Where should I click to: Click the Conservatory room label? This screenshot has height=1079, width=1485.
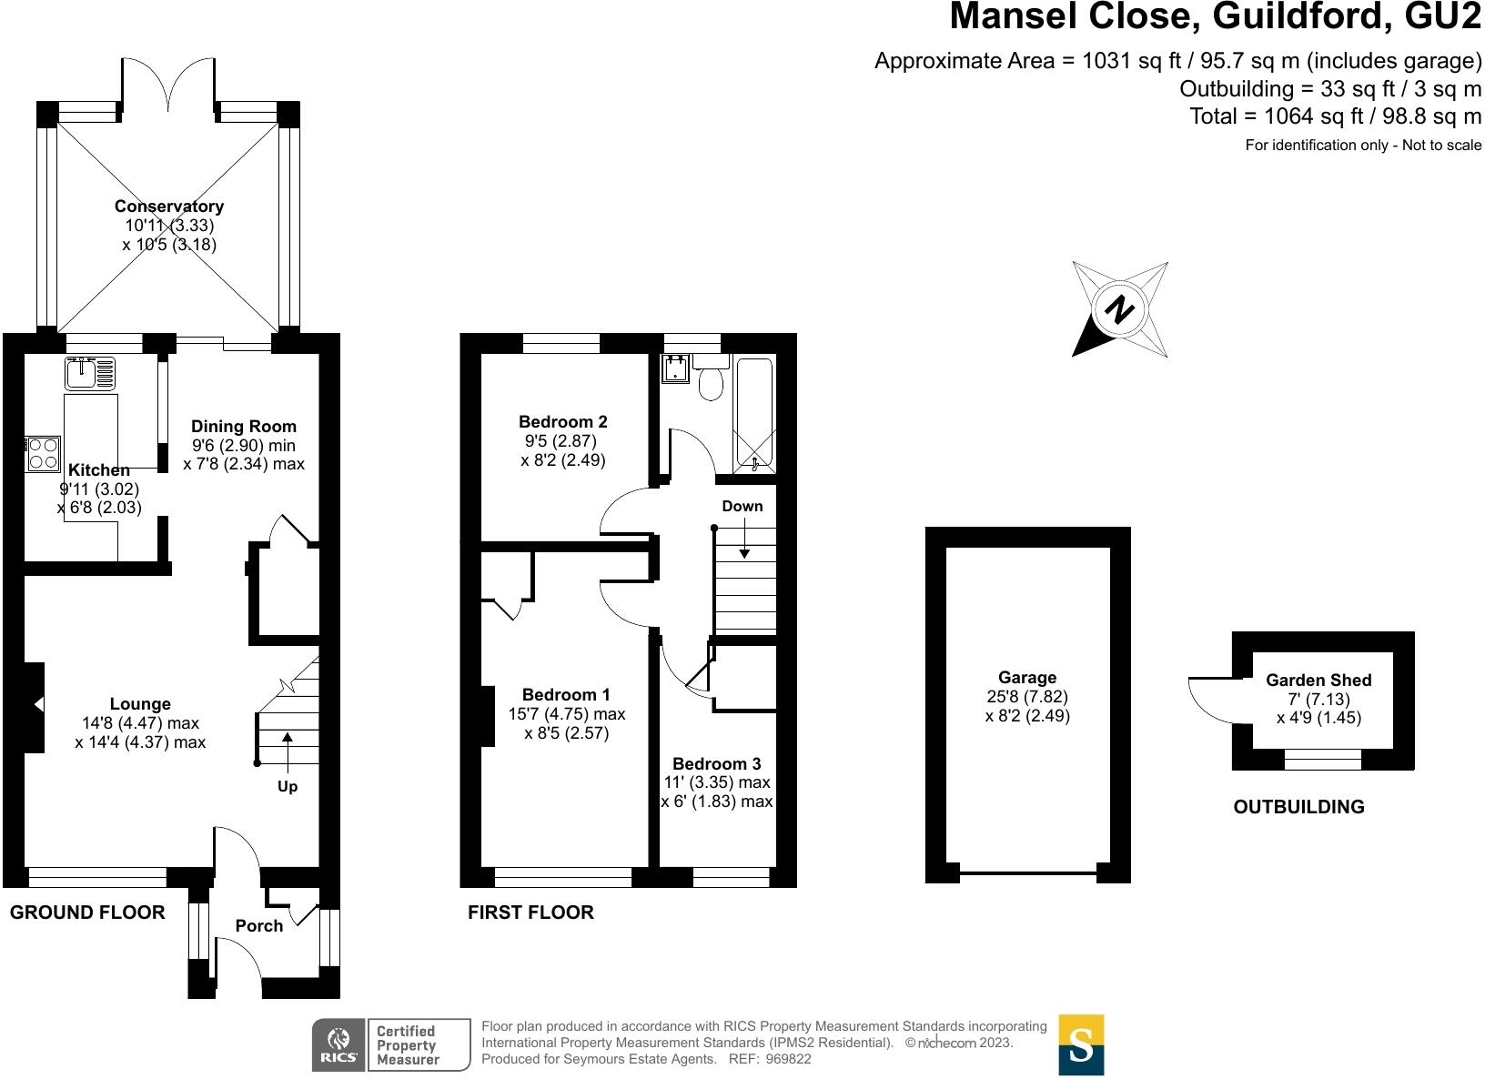(x=169, y=207)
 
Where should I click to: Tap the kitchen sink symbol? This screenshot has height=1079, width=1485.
(x=90, y=373)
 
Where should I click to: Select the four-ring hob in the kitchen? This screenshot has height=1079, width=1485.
(x=44, y=453)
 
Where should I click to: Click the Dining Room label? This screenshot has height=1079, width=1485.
(x=243, y=426)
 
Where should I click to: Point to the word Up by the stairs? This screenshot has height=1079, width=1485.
(x=287, y=786)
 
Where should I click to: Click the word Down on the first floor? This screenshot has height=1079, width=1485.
(x=742, y=506)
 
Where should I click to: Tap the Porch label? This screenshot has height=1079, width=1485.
(x=259, y=925)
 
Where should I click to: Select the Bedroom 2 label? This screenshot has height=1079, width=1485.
(x=562, y=421)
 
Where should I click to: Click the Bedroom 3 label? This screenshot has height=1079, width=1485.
(x=716, y=763)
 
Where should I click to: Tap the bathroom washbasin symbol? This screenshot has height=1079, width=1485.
(x=676, y=368)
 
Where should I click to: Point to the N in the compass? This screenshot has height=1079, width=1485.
(x=1119, y=309)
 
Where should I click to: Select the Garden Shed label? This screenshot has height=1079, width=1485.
(x=1318, y=680)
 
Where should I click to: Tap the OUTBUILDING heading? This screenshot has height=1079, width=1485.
(x=1298, y=806)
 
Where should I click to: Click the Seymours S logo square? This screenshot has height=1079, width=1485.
(x=1081, y=1044)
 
